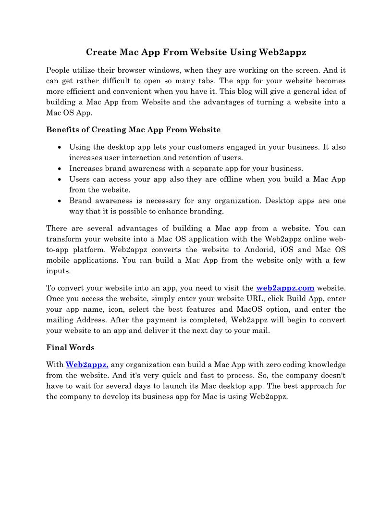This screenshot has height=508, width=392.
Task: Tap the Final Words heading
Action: pos(70,347)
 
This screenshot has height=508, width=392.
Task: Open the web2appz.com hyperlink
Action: pos(285,288)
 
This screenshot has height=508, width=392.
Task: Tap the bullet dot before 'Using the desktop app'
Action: pos(59,147)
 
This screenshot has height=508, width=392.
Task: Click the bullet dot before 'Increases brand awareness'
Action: pos(59,168)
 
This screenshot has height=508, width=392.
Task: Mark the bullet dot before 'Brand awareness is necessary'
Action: pos(59,201)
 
